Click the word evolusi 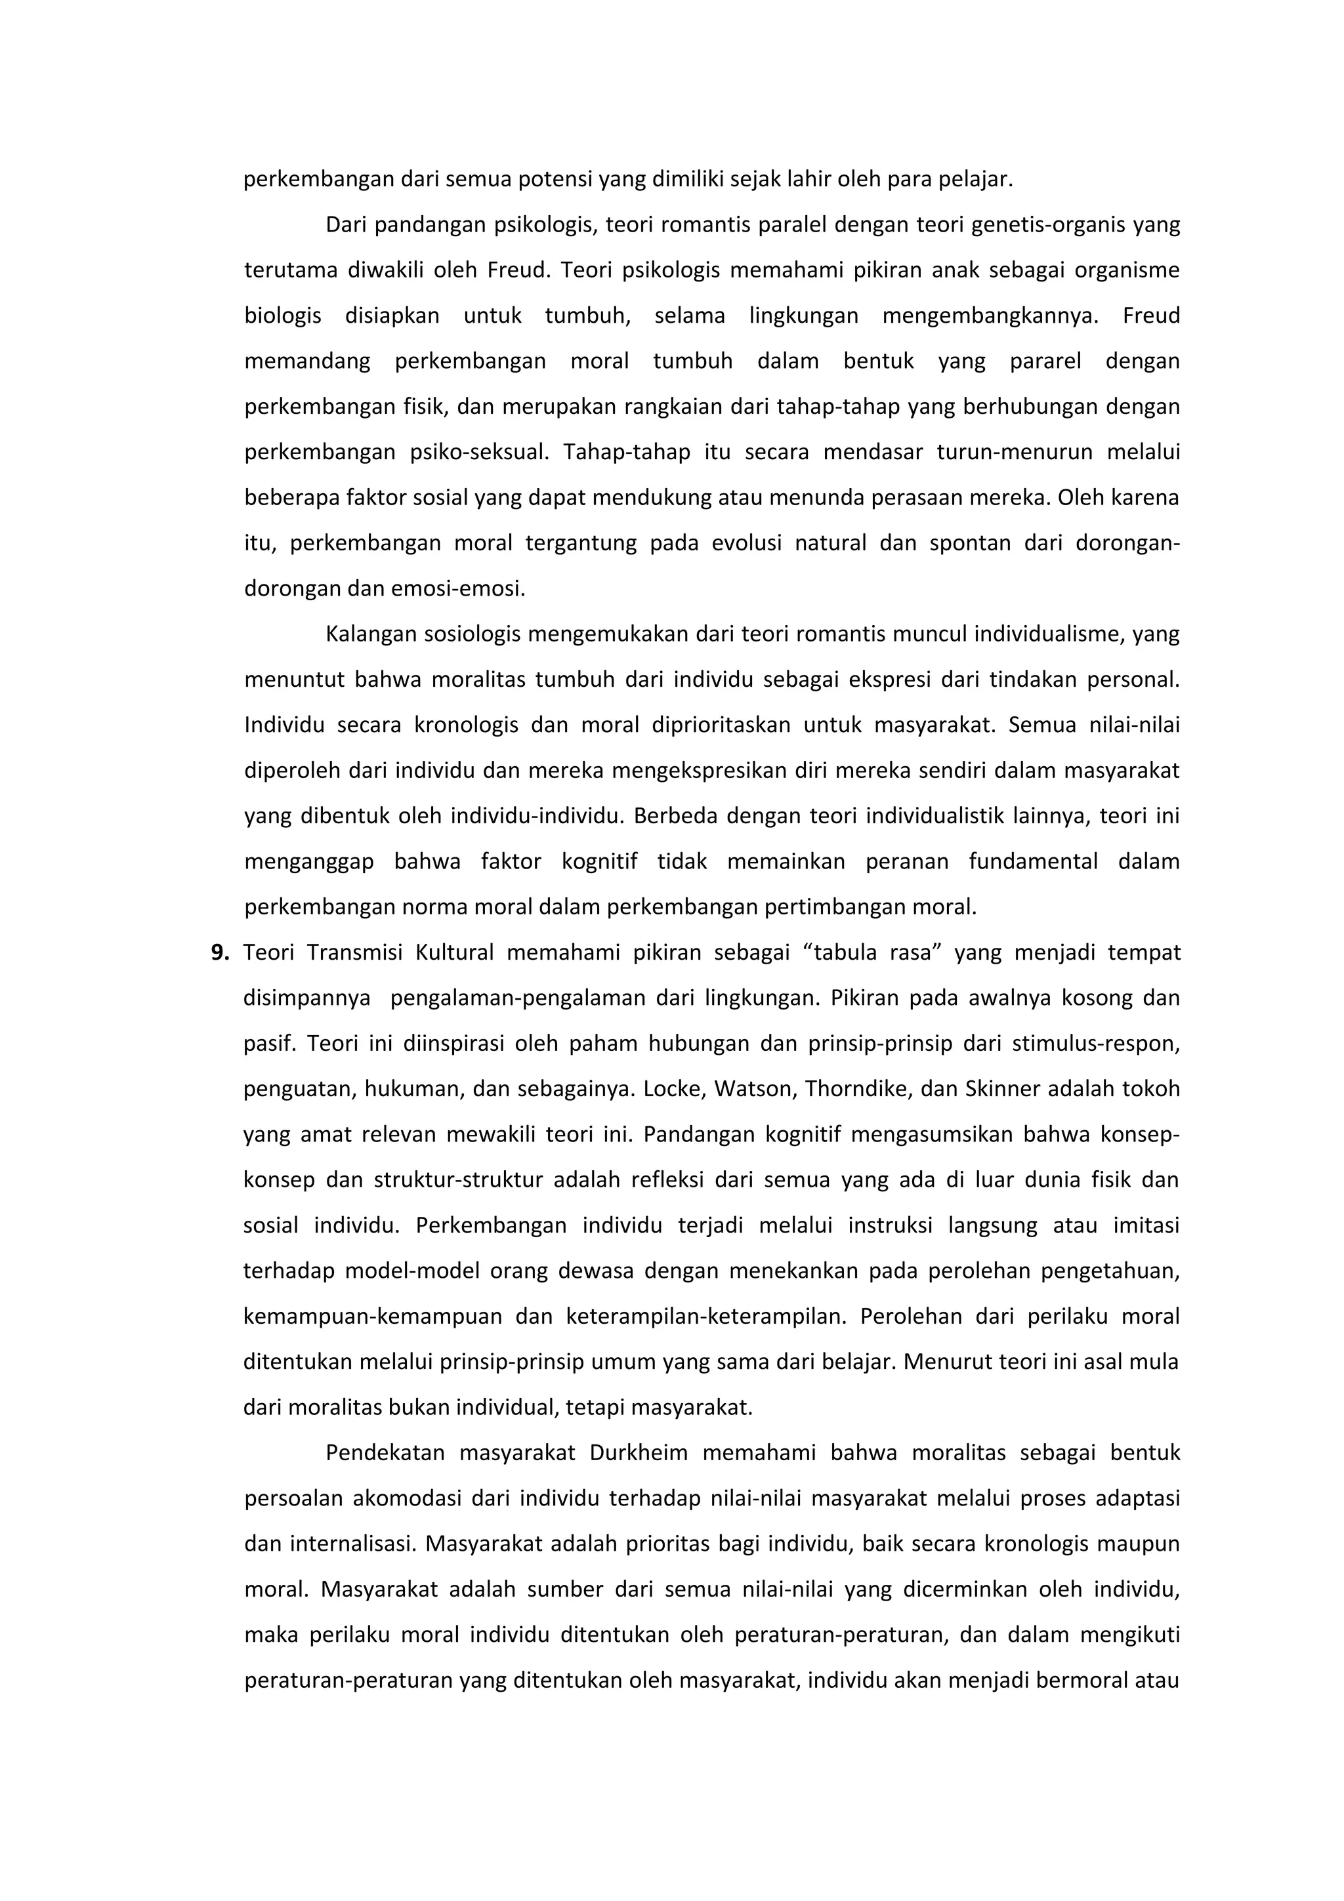point(746,543)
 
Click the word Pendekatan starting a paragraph point(385,1452)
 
